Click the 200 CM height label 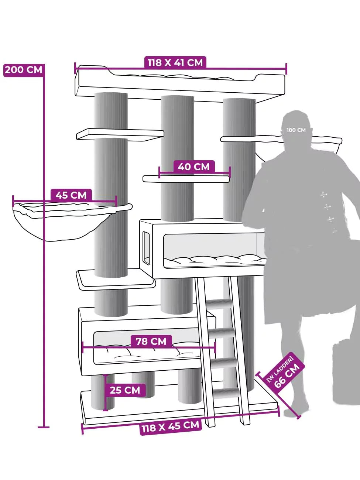pos(23,70)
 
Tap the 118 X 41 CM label pos(175,63)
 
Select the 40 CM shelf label pos(194,167)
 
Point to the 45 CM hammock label pos(71,195)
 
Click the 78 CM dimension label pos(151,341)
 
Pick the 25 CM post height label pos(125,390)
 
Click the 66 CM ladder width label pos(284,371)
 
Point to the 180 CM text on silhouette pos(296,130)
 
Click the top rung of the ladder pos(219,304)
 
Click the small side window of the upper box pos(146,248)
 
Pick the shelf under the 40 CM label pos(186,179)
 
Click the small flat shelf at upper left pos(120,134)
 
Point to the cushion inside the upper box pos(215,261)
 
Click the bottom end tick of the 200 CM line pos(44,427)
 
